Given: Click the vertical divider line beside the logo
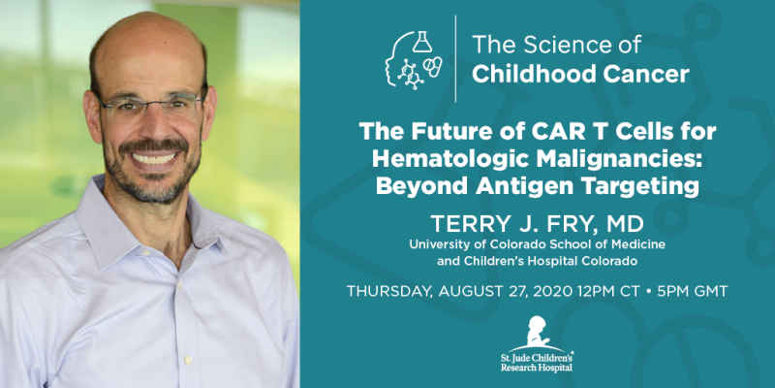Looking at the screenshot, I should [x=456, y=59].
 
